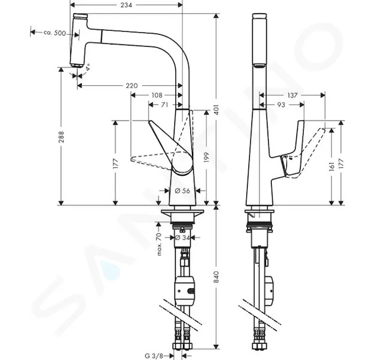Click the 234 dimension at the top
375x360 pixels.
126,5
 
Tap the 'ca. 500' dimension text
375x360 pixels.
55,33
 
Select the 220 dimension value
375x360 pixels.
132,85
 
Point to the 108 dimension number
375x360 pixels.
157,95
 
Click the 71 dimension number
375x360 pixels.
164,105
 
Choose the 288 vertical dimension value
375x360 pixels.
61,137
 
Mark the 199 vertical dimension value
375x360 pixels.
206,157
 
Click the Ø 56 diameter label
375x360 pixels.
182,191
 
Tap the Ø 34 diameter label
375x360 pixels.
182,238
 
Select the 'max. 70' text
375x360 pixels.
159,244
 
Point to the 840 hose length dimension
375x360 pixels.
216,277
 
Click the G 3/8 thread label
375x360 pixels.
154,356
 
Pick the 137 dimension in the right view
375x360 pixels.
292,95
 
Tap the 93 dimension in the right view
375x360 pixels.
281,105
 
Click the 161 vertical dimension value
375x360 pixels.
331,166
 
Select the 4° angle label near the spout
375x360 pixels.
88,67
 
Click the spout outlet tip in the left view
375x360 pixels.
76,65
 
